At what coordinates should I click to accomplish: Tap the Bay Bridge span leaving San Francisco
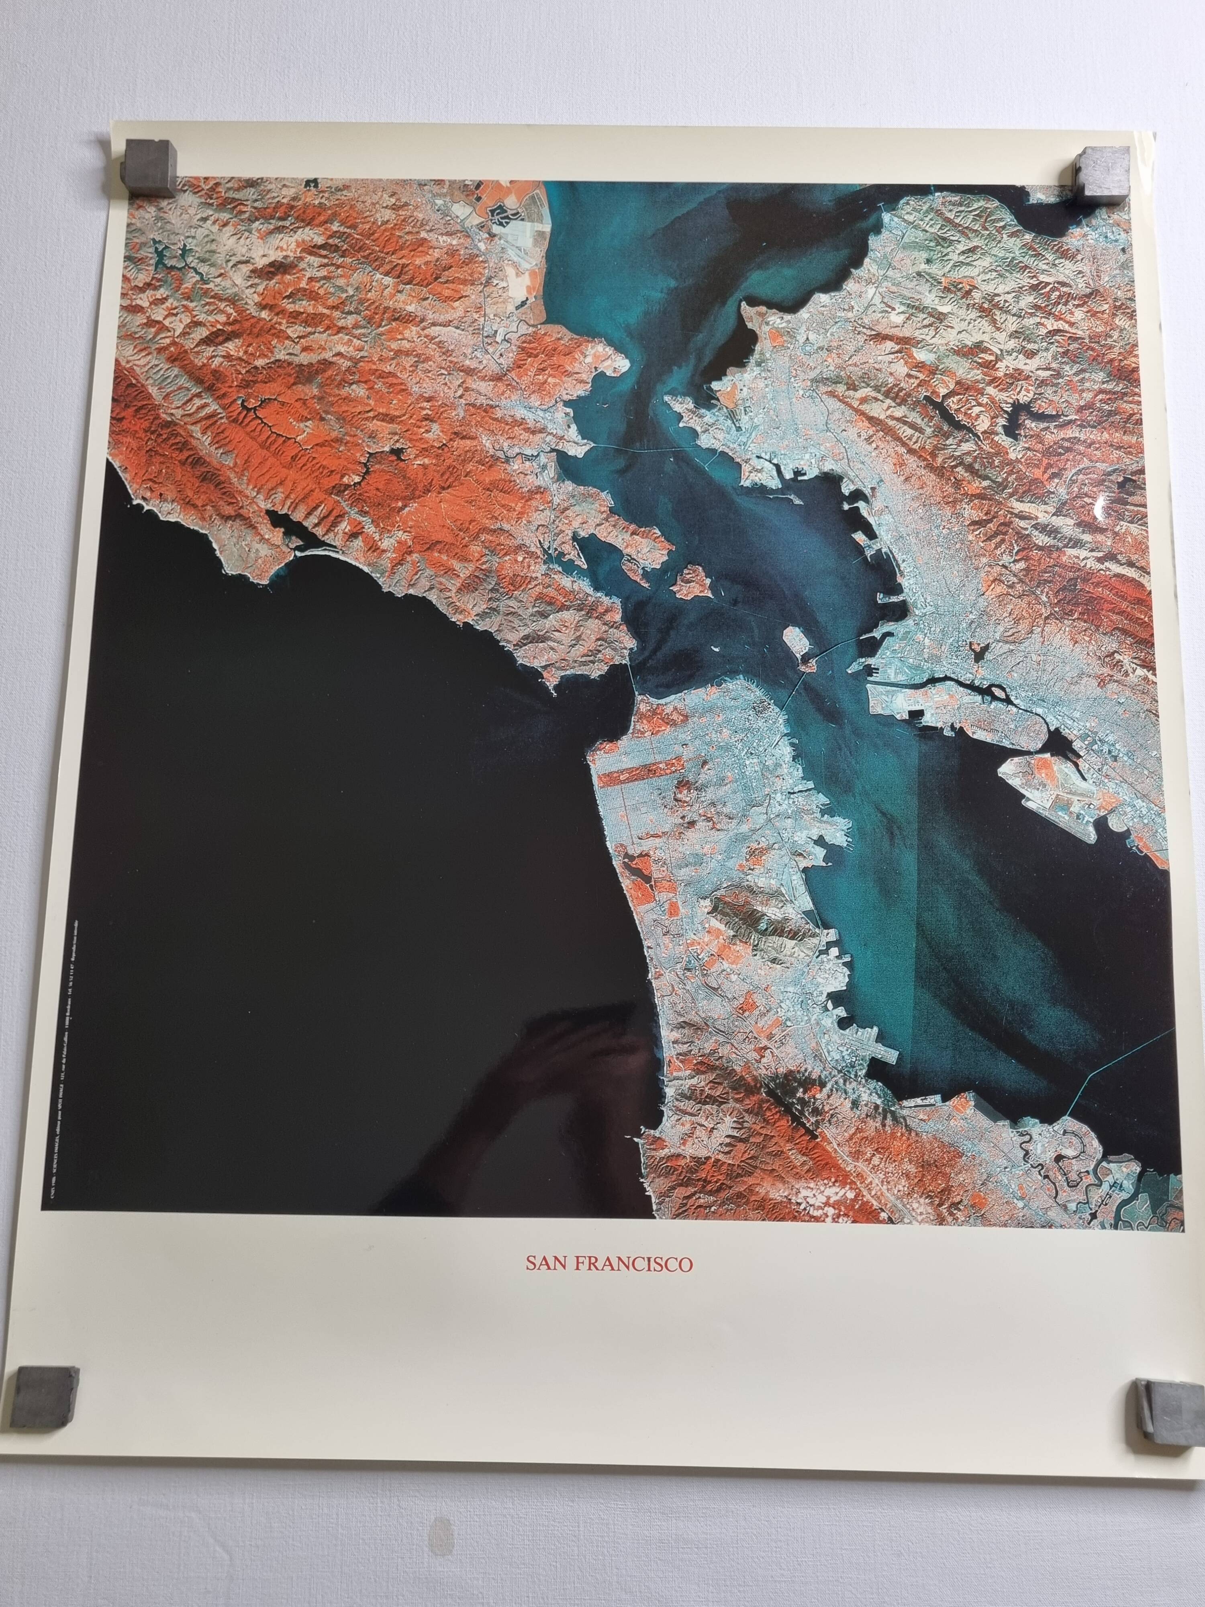point(792,690)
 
